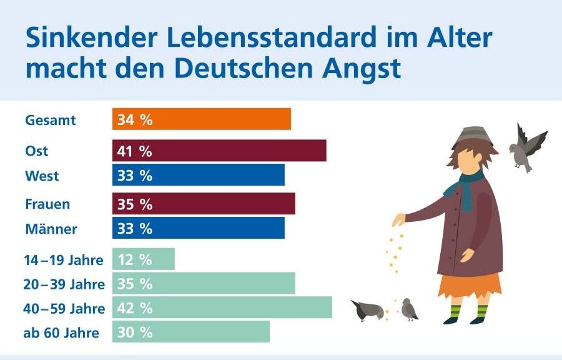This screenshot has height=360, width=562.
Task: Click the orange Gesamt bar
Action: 202,119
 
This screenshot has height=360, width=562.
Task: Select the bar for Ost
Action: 219,151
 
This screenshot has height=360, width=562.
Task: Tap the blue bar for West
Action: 199,176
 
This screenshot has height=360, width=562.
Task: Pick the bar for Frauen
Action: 204,204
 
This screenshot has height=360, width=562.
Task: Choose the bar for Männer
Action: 199,228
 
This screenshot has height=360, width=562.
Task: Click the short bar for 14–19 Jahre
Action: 144,259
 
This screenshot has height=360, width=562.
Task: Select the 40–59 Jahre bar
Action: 222,307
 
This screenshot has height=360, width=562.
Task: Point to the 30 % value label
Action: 135,332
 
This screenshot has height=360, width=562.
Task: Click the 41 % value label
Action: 135,151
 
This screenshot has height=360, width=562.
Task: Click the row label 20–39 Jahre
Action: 65,284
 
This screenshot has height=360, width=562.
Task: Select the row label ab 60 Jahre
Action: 61,332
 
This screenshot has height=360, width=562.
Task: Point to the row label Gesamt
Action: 51,120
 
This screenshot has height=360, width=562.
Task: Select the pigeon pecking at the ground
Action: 368,310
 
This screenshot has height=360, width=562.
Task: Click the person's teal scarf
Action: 466,187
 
